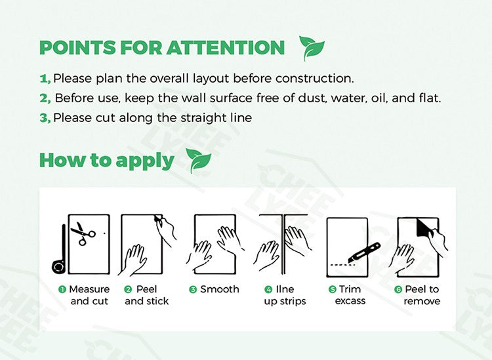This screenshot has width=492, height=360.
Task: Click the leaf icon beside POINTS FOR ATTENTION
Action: point(311,48)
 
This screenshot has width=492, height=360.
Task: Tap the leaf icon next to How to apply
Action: point(198,161)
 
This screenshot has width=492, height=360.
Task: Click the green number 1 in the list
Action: point(45,79)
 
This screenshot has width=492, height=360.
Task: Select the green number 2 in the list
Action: point(45,98)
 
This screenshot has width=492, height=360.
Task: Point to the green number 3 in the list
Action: point(45,118)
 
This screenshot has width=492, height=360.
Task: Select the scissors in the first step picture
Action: point(83,233)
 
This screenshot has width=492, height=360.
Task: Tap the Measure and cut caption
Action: point(88,295)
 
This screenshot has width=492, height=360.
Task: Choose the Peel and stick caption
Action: point(146,295)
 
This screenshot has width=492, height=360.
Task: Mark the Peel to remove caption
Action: point(421,295)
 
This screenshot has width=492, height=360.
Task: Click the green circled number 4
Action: point(268,289)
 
